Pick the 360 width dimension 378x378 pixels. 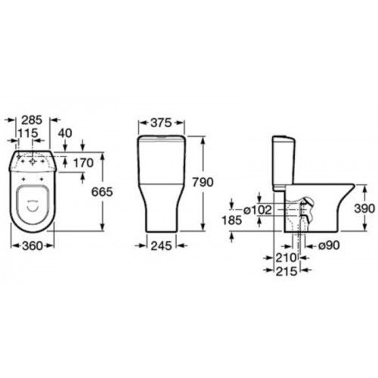[x=32, y=246]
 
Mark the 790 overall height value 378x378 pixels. [x=215, y=183]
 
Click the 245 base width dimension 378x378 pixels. [x=160, y=246]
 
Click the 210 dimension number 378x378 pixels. [x=287, y=258]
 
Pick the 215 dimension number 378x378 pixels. [x=287, y=270]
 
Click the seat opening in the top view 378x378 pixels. [x=33, y=198]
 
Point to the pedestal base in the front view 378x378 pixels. [x=160, y=215]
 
